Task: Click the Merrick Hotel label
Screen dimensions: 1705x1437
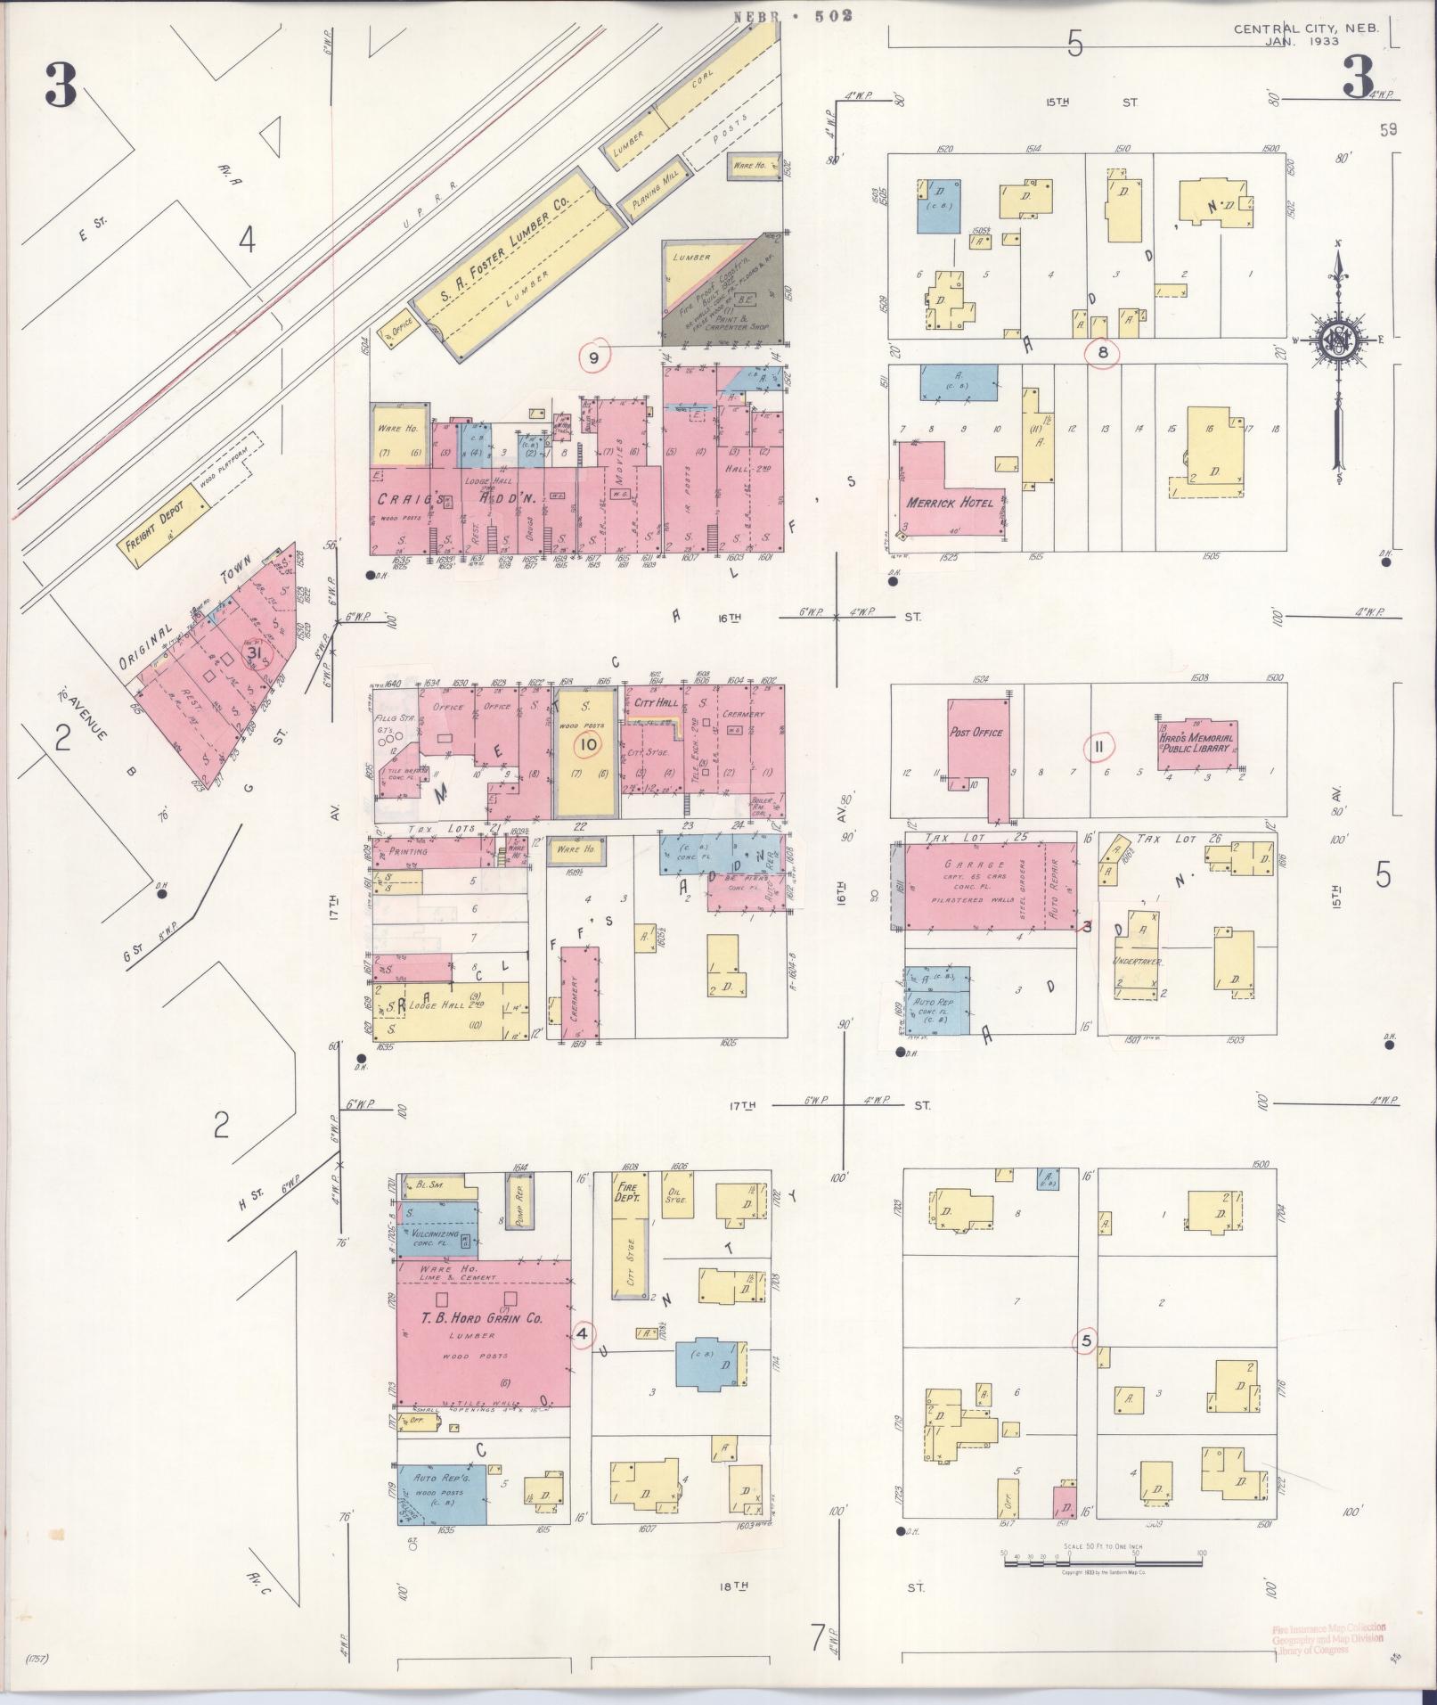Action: pyautogui.click(x=950, y=503)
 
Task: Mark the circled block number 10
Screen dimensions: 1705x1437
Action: pyautogui.click(x=588, y=744)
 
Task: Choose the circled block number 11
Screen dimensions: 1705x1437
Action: pyautogui.click(x=1099, y=746)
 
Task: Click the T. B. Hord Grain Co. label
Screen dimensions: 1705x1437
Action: pyautogui.click(x=484, y=1319)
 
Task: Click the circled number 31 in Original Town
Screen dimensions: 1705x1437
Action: pyautogui.click(x=256, y=654)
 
